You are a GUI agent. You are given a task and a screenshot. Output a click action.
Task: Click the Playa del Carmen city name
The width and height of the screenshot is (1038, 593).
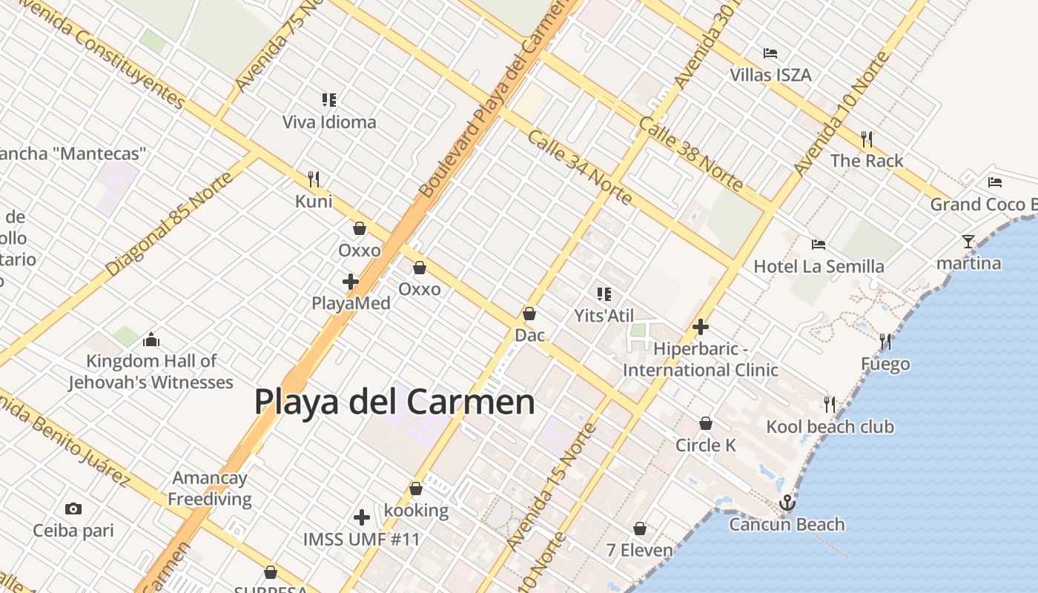click(394, 402)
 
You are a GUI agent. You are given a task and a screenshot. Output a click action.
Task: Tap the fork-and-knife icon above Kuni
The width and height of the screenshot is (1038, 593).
click(314, 179)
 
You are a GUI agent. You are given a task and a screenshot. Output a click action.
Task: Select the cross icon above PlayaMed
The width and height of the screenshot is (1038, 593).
click(351, 282)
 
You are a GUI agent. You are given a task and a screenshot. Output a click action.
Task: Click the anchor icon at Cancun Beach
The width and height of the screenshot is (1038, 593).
click(787, 503)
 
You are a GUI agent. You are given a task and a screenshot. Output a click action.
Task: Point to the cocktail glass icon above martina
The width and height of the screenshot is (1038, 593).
click(968, 241)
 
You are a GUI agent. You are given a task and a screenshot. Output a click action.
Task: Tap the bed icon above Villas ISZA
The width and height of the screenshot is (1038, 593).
click(770, 53)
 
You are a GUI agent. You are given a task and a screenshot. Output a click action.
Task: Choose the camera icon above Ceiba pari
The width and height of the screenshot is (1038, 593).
click(73, 508)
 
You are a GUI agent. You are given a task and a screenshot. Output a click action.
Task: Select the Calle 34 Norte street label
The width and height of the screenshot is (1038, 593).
click(580, 168)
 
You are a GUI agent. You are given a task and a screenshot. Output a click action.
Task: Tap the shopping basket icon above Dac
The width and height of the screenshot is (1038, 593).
click(529, 314)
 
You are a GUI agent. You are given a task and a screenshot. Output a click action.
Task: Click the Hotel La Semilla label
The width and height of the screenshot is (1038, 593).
click(819, 266)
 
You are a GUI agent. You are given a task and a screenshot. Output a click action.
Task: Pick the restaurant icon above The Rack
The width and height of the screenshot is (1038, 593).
click(867, 139)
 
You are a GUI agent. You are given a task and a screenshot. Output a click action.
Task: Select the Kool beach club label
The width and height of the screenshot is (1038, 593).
click(830, 427)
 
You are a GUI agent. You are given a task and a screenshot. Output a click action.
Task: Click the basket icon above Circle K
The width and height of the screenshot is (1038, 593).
click(706, 423)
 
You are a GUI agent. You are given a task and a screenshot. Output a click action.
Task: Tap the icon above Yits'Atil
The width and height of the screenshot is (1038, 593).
click(604, 294)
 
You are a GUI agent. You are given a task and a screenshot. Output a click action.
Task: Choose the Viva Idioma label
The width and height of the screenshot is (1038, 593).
click(329, 122)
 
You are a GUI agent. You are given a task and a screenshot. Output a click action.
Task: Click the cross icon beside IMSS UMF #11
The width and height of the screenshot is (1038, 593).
click(362, 517)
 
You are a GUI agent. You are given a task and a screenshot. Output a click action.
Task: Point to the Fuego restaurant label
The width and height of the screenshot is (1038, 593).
click(885, 364)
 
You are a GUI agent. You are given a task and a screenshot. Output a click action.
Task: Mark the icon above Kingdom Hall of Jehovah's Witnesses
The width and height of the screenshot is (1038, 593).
click(151, 339)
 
